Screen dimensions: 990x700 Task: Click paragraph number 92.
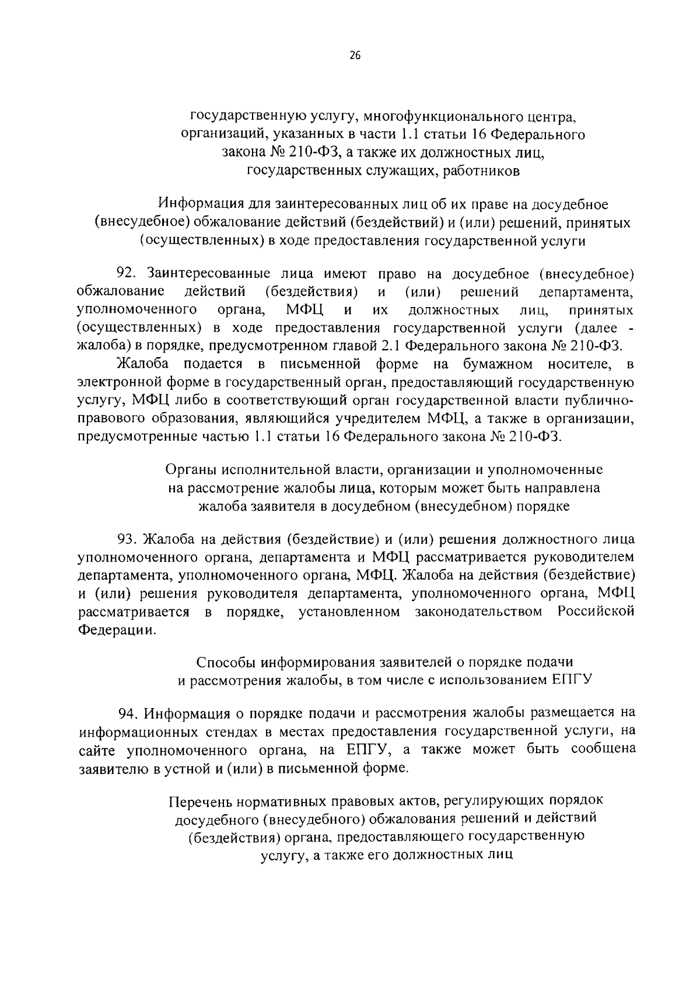click(128, 273)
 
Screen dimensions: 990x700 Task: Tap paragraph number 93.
click(128, 538)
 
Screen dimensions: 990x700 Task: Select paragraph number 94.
click(128, 713)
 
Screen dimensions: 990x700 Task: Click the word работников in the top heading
click(481, 171)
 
